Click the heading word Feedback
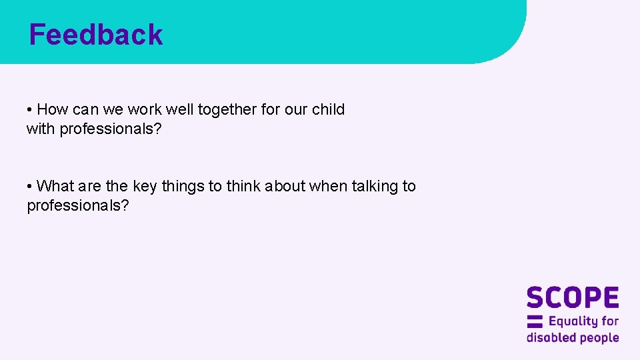click(x=96, y=35)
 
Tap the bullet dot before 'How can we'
click(x=30, y=109)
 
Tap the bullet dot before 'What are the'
click(x=30, y=186)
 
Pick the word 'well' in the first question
click(x=179, y=109)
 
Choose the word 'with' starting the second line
click(x=41, y=129)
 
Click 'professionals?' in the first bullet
click(x=111, y=129)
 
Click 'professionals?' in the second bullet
click(x=78, y=205)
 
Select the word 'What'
click(x=55, y=186)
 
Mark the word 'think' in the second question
click(x=243, y=186)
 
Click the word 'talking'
click(x=373, y=186)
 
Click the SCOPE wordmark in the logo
click(x=573, y=298)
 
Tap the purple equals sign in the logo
click(x=535, y=321)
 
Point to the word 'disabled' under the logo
click(x=551, y=337)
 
